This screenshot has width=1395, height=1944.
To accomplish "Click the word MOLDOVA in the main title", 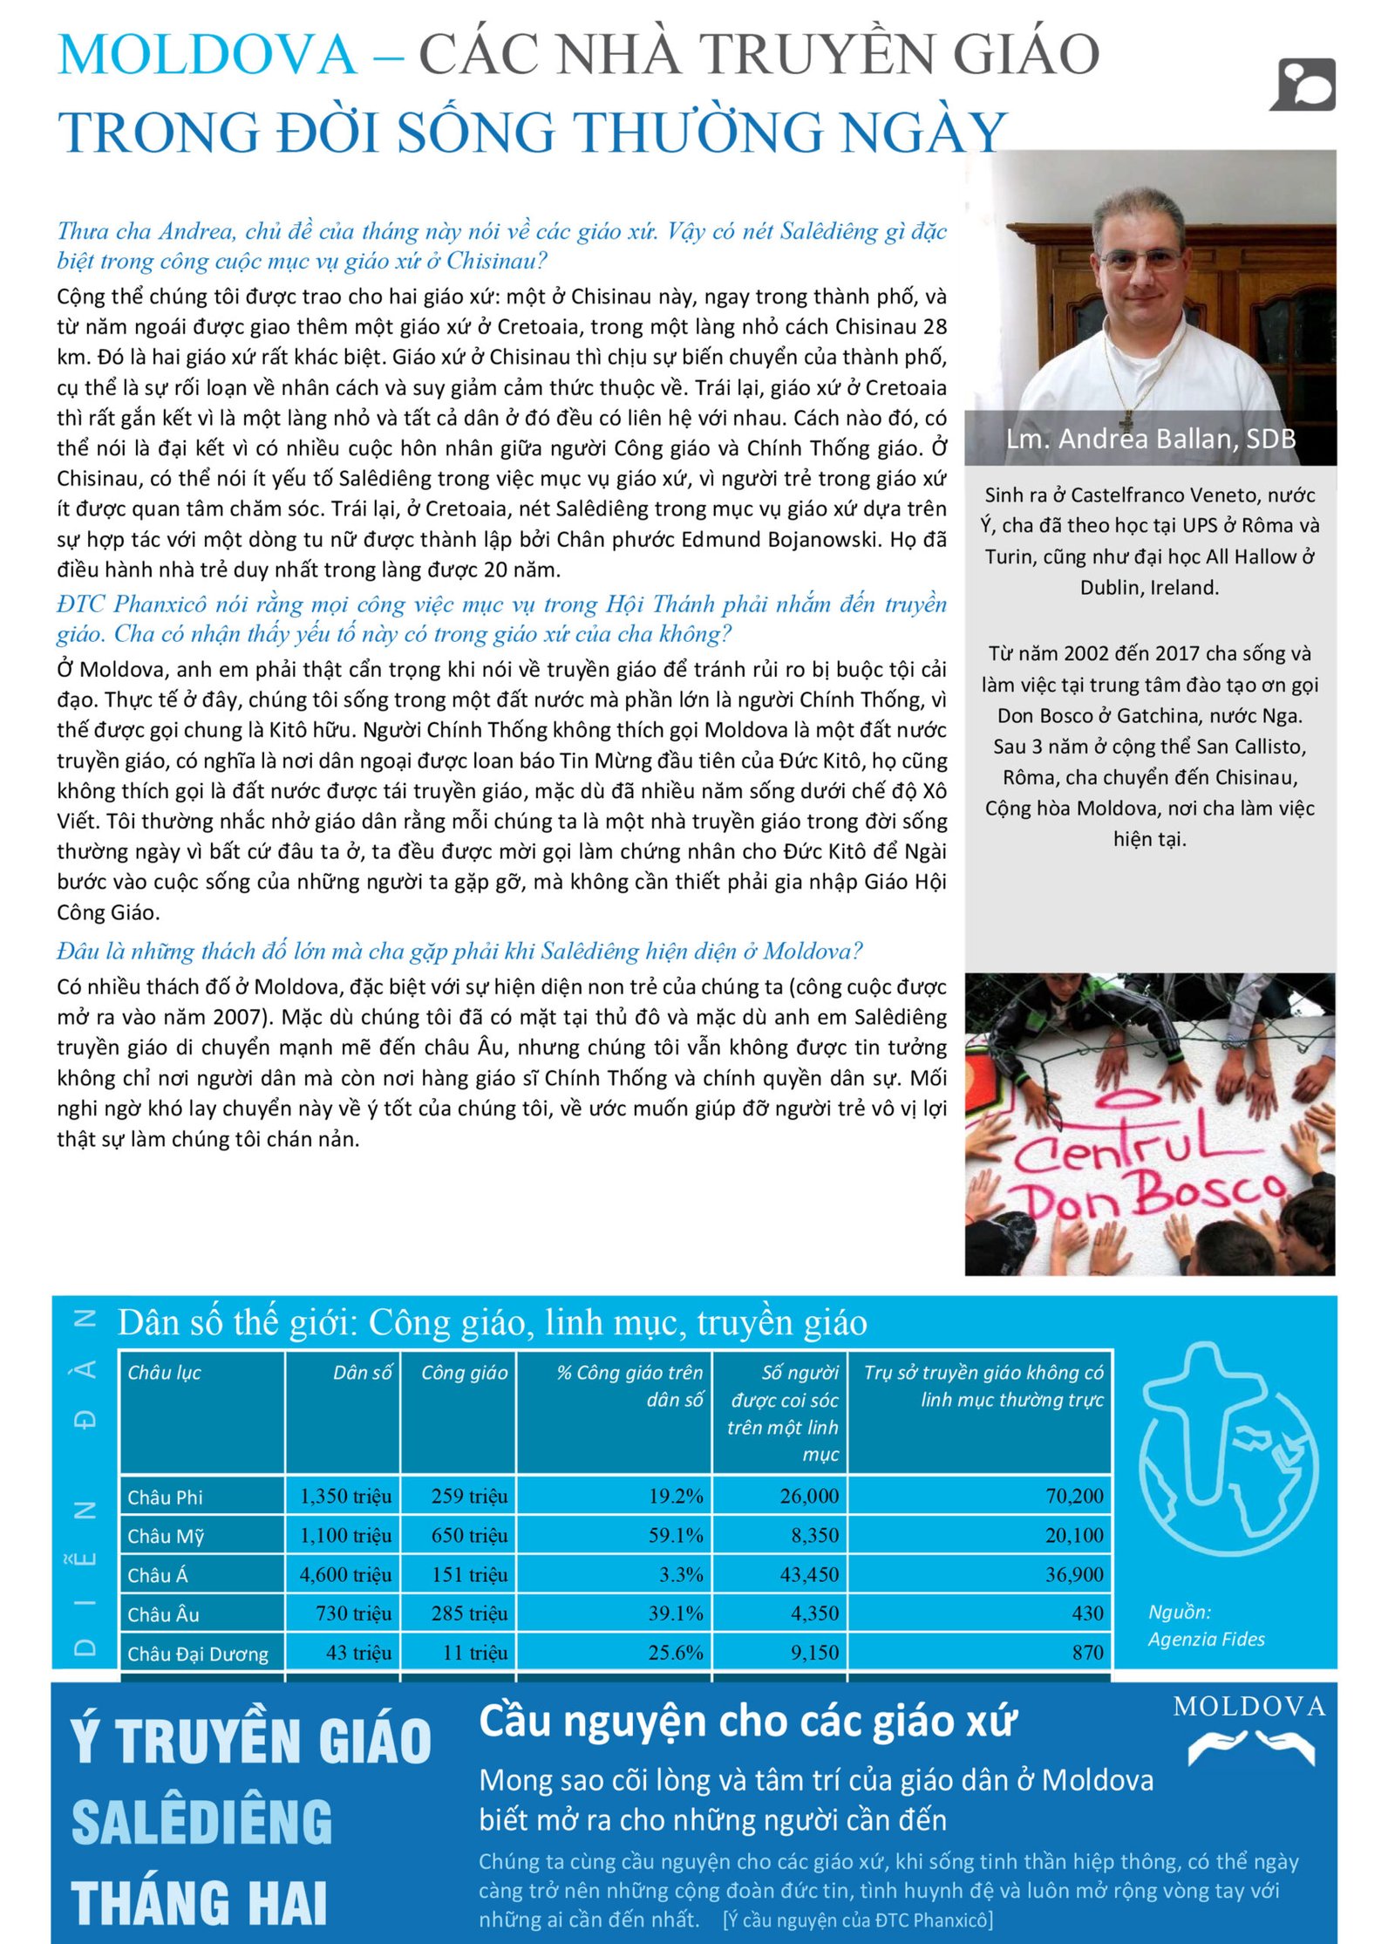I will tap(207, 54).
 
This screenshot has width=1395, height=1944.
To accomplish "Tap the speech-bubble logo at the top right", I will tap(1303, 85).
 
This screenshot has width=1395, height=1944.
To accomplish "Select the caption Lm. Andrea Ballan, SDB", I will tap(1150, 438).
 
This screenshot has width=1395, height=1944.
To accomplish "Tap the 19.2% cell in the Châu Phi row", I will tap(675, 1496).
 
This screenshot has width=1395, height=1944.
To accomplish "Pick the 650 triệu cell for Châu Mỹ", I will tap(469, 1535).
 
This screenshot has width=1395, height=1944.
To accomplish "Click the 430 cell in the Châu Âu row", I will tap(1087, 1613).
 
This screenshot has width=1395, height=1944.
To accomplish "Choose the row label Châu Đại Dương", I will tap(198, 1654).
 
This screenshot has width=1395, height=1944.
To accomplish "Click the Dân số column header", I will tap(362, 1372).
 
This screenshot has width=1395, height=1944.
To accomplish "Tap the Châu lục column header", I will tap(165, 1372).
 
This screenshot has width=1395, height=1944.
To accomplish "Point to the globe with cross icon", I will tap(1228, 1449).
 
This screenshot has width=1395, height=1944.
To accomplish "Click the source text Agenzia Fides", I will tap(1206, 1639).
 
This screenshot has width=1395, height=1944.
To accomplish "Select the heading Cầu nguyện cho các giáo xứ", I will tap(747, 1721).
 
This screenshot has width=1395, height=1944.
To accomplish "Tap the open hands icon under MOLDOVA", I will tap(1251, 1747).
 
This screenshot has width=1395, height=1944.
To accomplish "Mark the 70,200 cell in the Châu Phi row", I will tap(1074, 1496).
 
